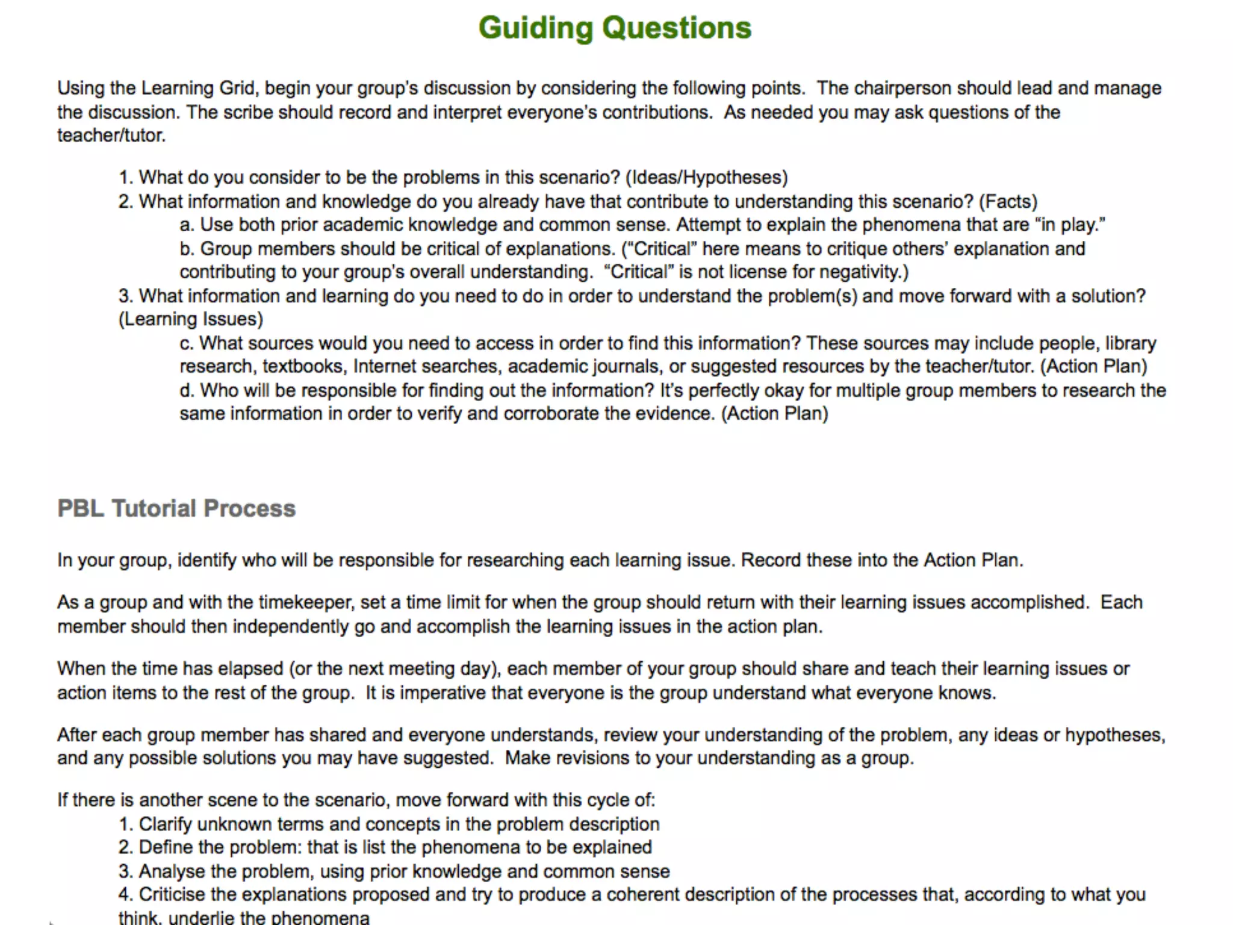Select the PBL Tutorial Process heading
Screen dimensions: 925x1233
176,508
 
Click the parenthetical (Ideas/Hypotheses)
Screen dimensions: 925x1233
706,178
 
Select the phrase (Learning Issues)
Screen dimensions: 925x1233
191,319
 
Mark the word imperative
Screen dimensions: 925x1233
442,693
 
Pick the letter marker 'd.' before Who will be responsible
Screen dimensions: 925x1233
187,391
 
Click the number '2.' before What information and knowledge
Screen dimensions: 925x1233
125,202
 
